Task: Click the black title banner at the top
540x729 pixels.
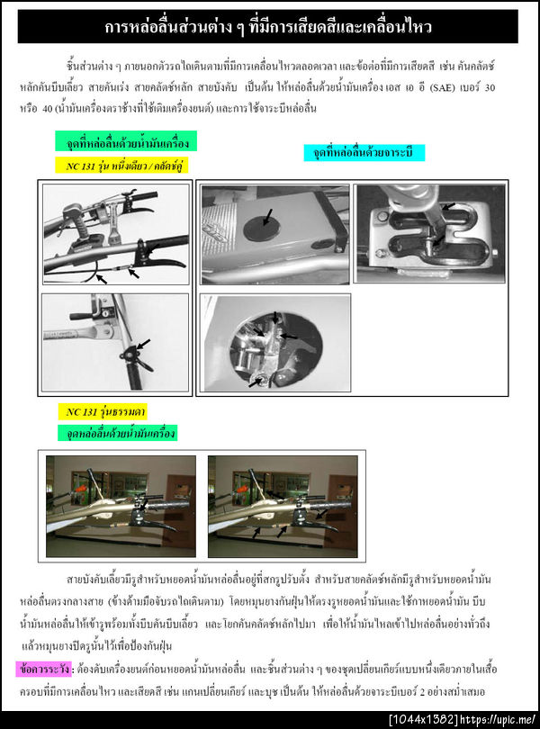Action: pyautogui.click(x=269, y=27)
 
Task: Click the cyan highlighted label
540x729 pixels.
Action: pyautogui.click(x=364, y=153)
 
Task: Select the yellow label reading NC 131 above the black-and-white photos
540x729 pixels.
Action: pyautogui.click(x=120, y=166)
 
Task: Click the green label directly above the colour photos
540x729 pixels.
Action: pyautogui.click(x=117, y=433)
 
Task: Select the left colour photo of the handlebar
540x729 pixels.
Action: pyautogui.click(x=121, y=506)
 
